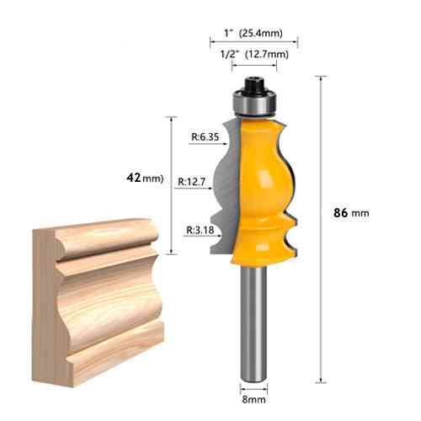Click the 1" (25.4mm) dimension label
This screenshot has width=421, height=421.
[x=253, y=33]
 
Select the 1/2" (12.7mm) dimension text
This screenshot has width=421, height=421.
[x=254, y=54]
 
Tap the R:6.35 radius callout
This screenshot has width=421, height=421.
[x=205, y=136]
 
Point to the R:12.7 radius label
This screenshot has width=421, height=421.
[x=192, y=182]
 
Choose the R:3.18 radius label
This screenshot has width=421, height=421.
[x=200, y=230]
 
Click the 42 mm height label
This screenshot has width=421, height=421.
[x=145, y=178]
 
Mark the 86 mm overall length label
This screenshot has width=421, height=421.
[x=351, y=213]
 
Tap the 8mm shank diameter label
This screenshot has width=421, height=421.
[x=253, y=399]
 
